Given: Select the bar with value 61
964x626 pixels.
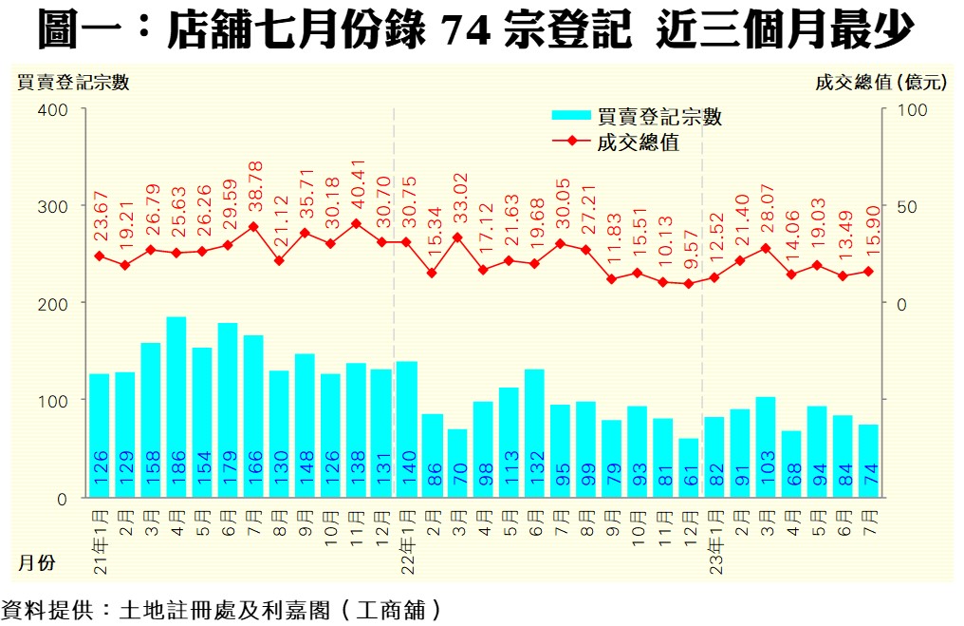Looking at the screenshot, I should pyautogui.click(x=689, y=467).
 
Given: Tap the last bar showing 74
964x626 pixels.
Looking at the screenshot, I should pyautogui.click(x=868, y=461).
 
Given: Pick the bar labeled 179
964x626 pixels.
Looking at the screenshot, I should pyautogui.click(x=228, y=409).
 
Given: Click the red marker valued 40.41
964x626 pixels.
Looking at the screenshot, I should pyautogui.click(x=356, y=224).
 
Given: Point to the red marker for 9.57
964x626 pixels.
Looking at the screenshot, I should pyautogui.click(x=689, y=284).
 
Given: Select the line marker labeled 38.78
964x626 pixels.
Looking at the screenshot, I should pyautogui.click(x=253, y=227).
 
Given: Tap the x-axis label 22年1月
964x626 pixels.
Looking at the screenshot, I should pyautogui.click(x=407, y=537).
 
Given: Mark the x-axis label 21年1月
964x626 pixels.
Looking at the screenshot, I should pyautogui.click(x=100, y=537).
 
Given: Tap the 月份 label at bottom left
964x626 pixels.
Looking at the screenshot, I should pyautogui.click(x=35, y=563).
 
